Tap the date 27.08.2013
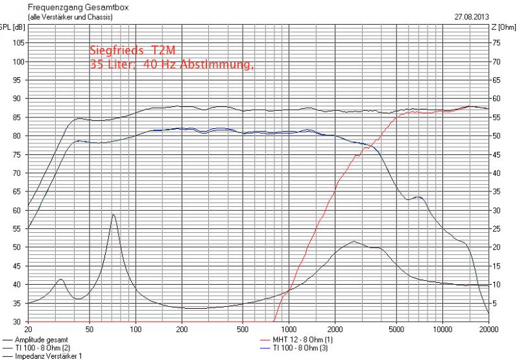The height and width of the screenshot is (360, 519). click(471, 17)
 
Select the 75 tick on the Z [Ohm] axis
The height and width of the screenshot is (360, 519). click(495, 43)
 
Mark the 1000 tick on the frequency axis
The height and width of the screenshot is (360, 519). click(289, 328)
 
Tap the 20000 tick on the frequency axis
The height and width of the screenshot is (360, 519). click(489, 328)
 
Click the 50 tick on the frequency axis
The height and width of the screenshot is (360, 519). click(90, 328)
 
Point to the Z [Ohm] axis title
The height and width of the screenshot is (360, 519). click(503, 27)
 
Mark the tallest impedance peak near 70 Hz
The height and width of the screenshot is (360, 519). click(114, 215)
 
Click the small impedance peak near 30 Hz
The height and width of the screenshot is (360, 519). click(60, 280)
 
